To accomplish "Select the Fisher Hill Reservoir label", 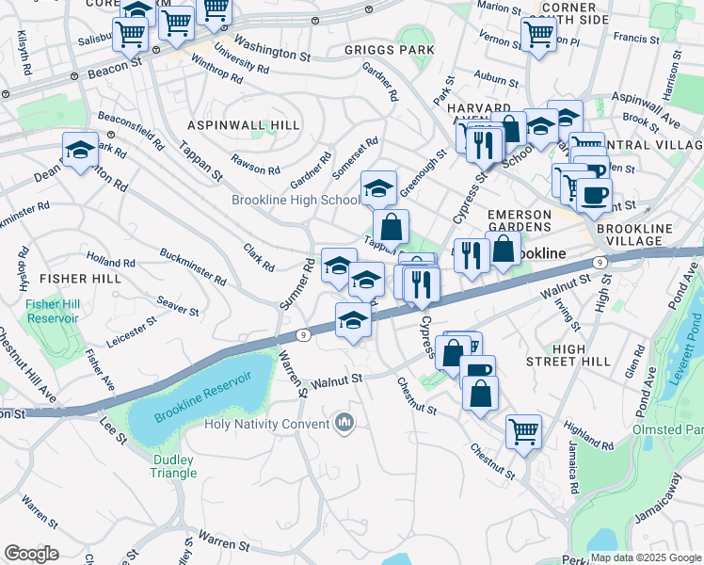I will click(x=52, y=311).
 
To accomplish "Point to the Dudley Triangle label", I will click(x=174, y=466).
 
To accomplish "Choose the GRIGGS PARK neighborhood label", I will click(x=390, y=50).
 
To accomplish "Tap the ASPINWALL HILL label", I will click(x=244, y=125).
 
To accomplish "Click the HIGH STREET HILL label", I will click(x=583, y=355).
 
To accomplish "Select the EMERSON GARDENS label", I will click(x=519, y=220).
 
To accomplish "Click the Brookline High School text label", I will click(x=296, y=201).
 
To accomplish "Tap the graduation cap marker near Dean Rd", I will click(x=81, y=150).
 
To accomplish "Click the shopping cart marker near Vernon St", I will click(x=538, y=34).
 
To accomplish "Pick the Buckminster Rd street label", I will click(x=193, y=267).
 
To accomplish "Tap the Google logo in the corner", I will click(x=32, y=554).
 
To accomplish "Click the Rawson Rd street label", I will click(x=256, y=164).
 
